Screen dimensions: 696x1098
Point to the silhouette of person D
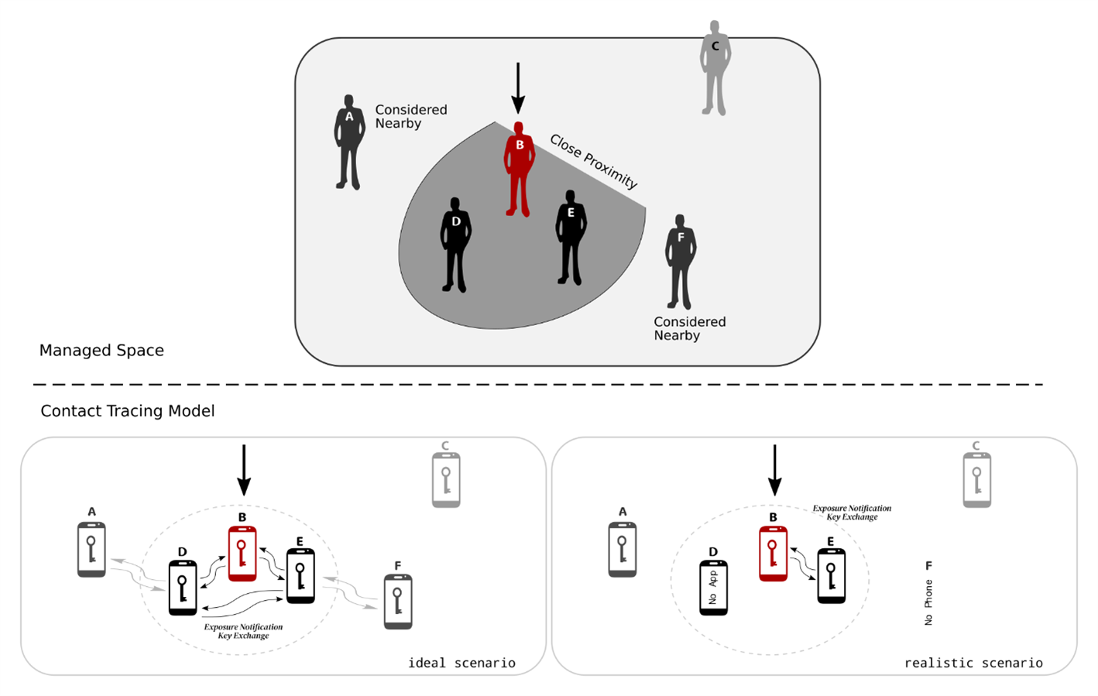coord(455,245)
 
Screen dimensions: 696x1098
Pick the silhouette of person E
coord(571,237)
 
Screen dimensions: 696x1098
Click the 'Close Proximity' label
coord(593,161)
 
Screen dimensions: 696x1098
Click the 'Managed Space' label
coord(101,350)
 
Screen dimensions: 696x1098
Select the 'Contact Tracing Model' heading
coord(127,411)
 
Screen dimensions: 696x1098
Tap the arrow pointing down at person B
coord(518,87)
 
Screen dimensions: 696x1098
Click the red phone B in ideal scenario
coord(242,554)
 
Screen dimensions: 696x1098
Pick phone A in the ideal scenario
coord(91,550)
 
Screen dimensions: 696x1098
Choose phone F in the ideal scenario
coord(398,602)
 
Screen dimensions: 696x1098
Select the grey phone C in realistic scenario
coord(976,480)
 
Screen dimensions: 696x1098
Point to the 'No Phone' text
coord(928,602)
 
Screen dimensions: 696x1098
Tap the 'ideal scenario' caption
coord(462,663)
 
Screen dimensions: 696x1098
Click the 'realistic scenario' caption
coord(973,663)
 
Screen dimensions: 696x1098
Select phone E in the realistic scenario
coord(831,576)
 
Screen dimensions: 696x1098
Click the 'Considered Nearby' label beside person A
coord(410,116)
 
